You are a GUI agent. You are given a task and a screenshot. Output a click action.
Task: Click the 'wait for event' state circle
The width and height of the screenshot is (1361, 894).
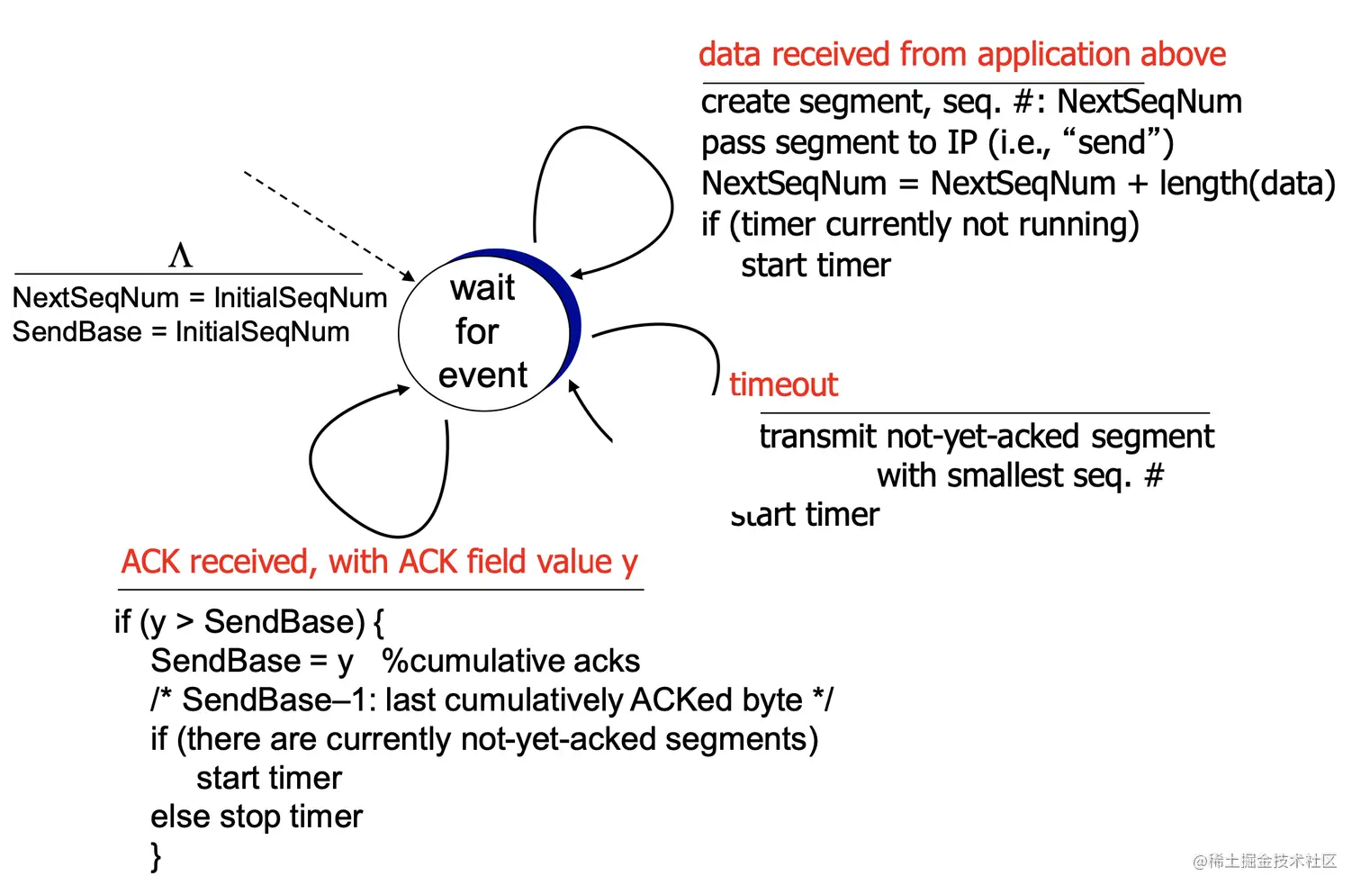pyautogui.click(x=484, y=331)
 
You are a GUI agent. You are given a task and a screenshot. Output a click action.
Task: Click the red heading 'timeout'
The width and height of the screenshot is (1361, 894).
pyautogui.click(x=783, y=384)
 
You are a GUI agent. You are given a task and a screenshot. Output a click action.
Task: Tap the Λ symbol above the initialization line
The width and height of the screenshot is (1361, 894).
pyautogui.click(x=180, y=256)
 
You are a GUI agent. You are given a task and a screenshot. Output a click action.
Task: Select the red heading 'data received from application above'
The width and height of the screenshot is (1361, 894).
pyautogui.click(x=961, y=55)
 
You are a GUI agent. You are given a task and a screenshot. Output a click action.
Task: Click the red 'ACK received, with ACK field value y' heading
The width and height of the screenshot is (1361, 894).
pyautogui.click(x=379, y=562)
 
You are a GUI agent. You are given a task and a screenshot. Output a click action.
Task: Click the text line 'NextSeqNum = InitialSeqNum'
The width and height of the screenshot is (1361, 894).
pyautogui.click(x=200, y=297)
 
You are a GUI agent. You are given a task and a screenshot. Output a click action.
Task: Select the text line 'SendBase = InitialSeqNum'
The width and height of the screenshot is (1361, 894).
pyautogui.click(x=181, y=332)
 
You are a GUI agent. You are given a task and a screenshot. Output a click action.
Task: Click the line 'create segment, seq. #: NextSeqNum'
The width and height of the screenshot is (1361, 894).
pyautogui.click(x=970, y=102)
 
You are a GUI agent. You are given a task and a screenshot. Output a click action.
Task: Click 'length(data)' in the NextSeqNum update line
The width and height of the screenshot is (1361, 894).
pyautogui.click(x=1247, y=184)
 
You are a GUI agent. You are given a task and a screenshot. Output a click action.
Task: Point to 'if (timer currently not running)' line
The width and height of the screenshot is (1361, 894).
pyautogui.click(x=919, y=224)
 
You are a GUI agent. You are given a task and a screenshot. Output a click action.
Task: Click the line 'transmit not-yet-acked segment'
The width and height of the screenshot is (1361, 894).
pyautogui.click(x=987, y=437)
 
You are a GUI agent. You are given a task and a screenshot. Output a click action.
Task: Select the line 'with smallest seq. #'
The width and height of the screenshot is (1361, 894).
pyautogui.click(x=1020, y=475)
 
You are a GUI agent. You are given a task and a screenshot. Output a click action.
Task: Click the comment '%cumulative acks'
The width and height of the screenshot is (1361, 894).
pyautogui.click(x=510, y=661)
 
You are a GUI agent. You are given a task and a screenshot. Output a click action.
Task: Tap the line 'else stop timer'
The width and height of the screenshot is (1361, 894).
pyautogui.click(x=257, y=817)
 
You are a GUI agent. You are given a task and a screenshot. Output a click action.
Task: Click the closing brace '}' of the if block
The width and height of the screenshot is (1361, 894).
pyautogui.click(x=157, y=855)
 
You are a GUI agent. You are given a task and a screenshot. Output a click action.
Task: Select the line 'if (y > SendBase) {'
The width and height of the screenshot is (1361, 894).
pyautogui.click(x=249, y=622)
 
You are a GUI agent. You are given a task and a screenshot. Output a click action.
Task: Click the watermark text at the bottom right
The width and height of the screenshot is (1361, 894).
pyautogui.click(x=1265, y=862)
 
